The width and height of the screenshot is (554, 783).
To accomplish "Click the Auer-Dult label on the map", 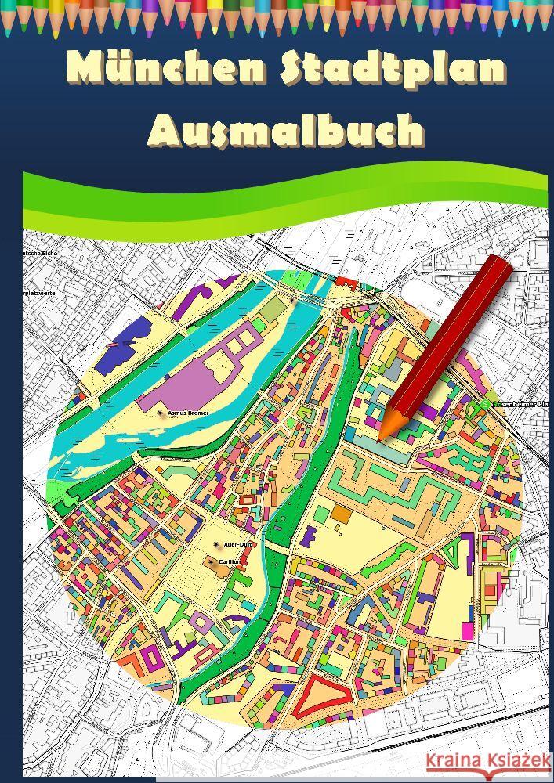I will click(x=237, y=544).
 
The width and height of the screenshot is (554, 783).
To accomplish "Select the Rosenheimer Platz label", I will click(x=522, y=405).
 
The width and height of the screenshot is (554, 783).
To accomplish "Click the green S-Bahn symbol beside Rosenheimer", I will click(x=486, y=404).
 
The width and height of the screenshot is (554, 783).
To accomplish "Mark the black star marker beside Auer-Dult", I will click(x=216, y=544).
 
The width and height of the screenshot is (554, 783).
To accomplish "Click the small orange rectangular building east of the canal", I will click(x=341, y=514).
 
